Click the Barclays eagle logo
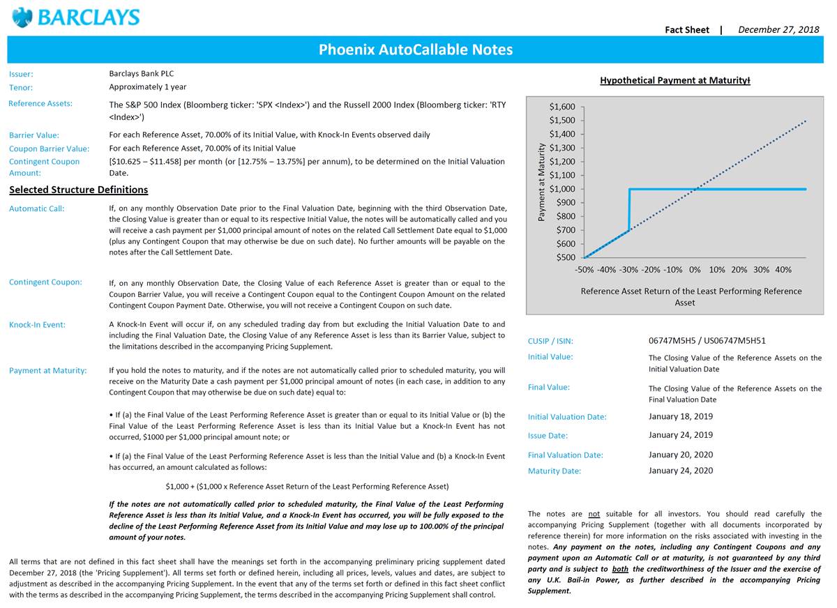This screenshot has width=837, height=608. click(x=22, y=17)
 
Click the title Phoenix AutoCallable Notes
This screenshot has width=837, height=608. click(x=415, y=50)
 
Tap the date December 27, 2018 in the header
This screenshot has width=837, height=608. click(x=778, y=29)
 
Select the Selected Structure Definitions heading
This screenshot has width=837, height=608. click(x=78, y=190)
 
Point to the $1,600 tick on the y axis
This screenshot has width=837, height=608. click(x=562, y=107)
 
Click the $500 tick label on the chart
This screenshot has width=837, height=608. click(x=565, y=257)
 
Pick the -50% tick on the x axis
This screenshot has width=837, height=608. click(x=584, y=270)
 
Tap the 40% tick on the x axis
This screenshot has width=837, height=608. click(x=783, y=270)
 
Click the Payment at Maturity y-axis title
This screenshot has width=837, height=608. click(x=541, y=182)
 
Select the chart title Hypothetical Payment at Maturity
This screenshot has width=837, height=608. click(x=674, y=80)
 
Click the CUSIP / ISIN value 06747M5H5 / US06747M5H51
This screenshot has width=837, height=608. click(x=707, y=341)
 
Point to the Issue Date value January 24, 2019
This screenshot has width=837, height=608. click(x=680, y=435)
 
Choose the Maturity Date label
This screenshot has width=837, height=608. click(x=554, y=471)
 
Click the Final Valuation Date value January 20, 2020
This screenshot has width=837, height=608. click(x=680, y=455)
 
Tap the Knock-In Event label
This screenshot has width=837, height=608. click(x=37, y=325)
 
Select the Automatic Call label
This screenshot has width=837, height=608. click(x=36, y=208)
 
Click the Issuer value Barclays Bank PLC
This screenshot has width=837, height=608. click(x=142, y=73)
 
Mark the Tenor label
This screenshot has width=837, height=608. click(x=21, y=88)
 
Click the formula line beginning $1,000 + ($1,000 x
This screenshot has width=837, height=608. click(x=307, y=487)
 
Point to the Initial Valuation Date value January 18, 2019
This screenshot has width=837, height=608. click(x=680, y=416)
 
